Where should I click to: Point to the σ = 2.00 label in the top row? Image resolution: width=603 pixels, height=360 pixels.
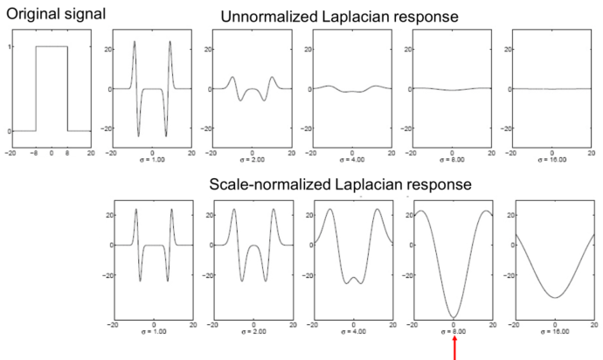pyautogui.click(x=252, y=161)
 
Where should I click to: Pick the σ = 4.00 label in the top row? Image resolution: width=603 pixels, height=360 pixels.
pyautogui.click(x=353, y=161)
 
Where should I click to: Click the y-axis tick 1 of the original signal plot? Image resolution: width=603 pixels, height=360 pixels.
pyautogui.click(x=10, y=46)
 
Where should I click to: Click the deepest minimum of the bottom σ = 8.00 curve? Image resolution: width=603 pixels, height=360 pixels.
pyautogui.click(x=454, y=317)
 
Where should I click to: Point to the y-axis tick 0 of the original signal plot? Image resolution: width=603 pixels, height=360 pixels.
pyautogui.click(x=10, y=131)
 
